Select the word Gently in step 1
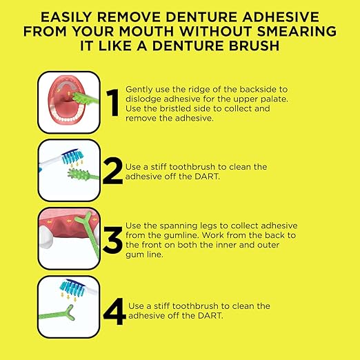pyautogui.click(x=139, y=90)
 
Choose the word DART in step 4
pyautogui.click(x=202, y=315)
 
